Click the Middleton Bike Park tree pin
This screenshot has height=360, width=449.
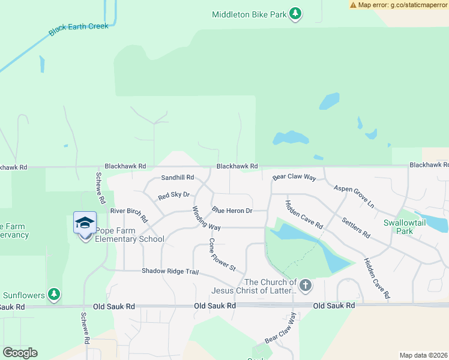click(x=295, y=13)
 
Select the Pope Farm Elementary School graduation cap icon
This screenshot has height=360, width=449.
click(x=85, y=223)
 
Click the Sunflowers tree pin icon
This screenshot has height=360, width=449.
click(x=55, y=294)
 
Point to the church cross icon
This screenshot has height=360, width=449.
click(x=306, y=285)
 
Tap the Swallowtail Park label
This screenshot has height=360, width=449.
click(x=406, y=226)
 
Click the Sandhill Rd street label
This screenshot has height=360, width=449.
click(x=178, y=178)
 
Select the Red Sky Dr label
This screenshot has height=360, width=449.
click(x=173, y=195)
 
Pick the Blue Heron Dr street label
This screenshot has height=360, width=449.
click(x=232, y=211)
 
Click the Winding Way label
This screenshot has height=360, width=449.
click(x=206, y=218)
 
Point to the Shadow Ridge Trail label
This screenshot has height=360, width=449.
click(x=170, y=271)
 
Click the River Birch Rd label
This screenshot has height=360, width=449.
click(x=129, y=214)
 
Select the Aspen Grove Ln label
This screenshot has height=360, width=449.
click(x=354, y=196)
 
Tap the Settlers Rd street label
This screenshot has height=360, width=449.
click(x=356, y=226)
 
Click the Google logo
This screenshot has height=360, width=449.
click(x=20, y=353)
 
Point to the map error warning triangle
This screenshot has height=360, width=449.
click(x=353, y=5)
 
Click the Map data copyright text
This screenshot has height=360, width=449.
click(x=424, y=355)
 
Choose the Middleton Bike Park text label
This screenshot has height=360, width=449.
click(x=249, y=14)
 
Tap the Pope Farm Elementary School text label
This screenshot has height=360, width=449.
click(x=129, y=239)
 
